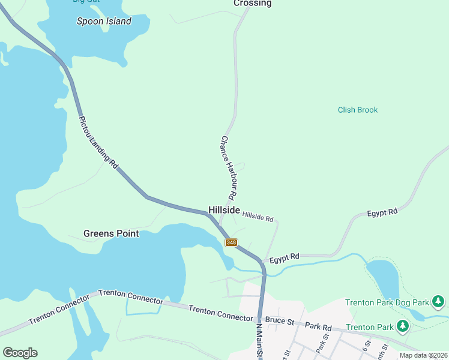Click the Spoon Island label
tap(104, 21)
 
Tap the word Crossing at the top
tap(252, 4)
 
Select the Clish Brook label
tap(358, 110)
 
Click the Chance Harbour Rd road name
tap(228, 167)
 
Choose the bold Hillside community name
tap(224, 210)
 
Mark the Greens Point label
tap(111, 233)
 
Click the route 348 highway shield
tap(232, 242)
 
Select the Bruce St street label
tap(279, 321)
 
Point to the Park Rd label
tap(318, 327)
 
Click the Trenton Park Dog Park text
tap(387, 302)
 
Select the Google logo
tap(20, 353)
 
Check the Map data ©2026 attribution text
tap(423, 355)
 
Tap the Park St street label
tap(322, 347)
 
